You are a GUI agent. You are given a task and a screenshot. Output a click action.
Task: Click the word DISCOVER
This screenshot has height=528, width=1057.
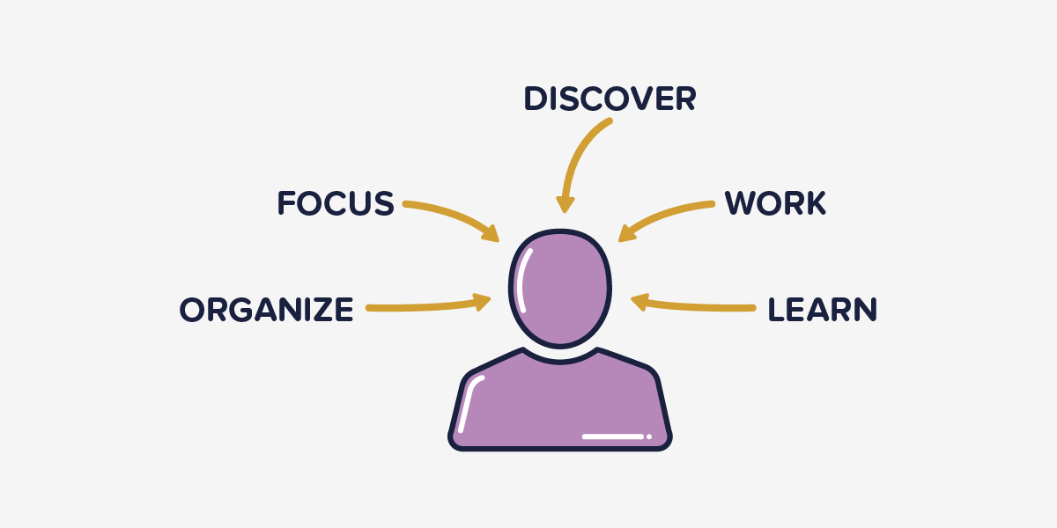(610, 99)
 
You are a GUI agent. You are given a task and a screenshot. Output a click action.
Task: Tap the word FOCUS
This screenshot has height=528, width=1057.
(336, 203)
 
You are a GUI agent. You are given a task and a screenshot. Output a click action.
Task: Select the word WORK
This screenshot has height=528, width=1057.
(775, 203)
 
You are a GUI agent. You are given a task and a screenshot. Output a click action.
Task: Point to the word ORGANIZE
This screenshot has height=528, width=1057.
(266, 310)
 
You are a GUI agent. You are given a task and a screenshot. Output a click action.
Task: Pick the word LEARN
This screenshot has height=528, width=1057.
(822, 310)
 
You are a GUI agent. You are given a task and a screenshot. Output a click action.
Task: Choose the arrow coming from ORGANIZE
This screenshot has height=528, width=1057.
(423, 307)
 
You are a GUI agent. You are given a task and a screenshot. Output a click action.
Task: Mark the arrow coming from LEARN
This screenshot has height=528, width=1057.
(696, 306)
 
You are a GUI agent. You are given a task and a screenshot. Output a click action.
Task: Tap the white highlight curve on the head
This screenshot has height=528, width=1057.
(523, 277)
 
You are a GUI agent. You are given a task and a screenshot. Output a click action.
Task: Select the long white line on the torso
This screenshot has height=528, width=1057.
(613, 436)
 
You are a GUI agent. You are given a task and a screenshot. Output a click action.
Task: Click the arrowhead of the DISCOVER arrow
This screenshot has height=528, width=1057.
(565, 204)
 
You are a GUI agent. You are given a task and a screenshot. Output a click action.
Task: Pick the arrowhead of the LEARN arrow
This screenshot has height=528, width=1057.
(639, 303)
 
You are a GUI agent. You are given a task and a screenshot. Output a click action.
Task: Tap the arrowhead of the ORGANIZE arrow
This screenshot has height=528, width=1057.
(483, 303)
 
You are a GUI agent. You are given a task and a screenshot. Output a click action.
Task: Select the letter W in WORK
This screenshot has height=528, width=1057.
(742, 203)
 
